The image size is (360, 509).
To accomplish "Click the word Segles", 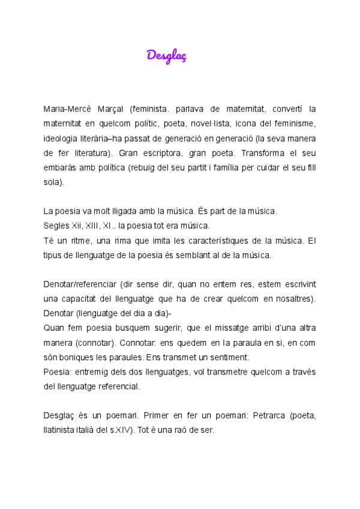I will click(57, 226).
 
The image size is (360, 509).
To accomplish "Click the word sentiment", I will click(228, 357).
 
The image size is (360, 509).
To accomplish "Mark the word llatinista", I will click(62, 430).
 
